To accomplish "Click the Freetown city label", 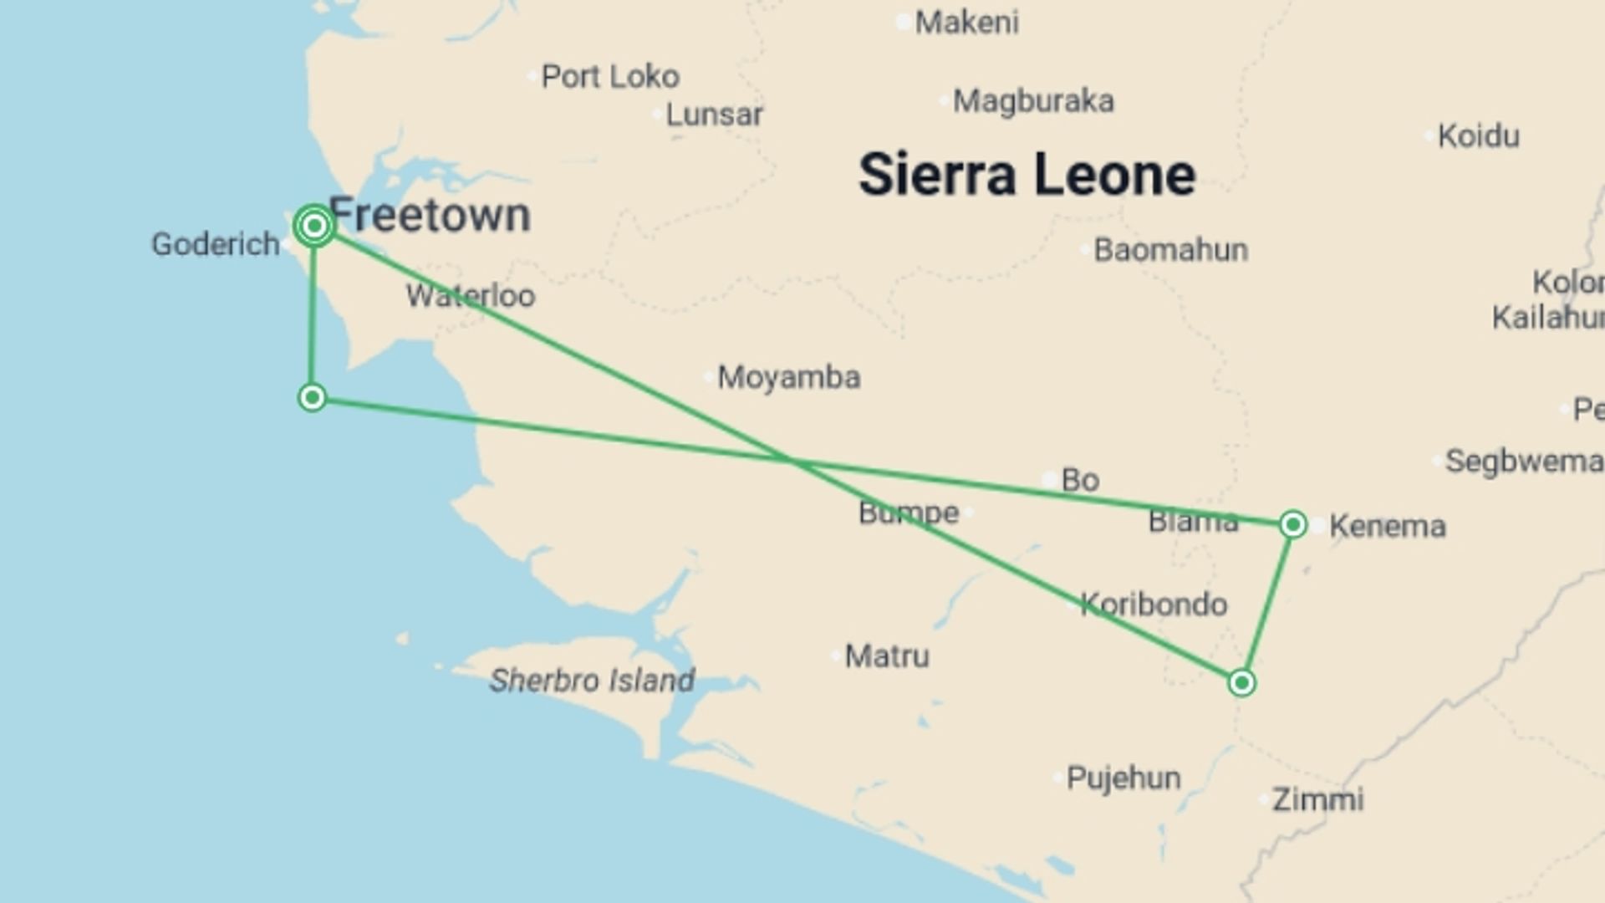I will coord(430,216).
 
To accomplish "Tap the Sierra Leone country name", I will coord(1027,175).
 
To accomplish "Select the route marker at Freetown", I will coord(314,226).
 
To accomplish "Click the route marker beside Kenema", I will coord(1292,525).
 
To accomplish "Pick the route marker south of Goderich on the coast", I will coord(312,397).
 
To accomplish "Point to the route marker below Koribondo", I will coord(1241,683).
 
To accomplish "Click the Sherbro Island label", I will coord(592,681).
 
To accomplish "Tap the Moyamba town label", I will coord(788,377).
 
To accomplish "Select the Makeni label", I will coord(966,23).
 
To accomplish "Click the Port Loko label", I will coord(610,77).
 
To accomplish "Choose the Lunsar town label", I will coord(714,115).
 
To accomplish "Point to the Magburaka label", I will coord(1033,101).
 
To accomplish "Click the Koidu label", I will coord(1478,136).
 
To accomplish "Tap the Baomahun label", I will coord(1170,250).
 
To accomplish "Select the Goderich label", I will coord(215,244).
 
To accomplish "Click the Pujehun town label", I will coord(1123,778).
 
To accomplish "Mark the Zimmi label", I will coord(1317,799).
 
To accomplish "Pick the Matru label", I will coord(886,656).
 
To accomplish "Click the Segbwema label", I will coord(1523,462).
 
